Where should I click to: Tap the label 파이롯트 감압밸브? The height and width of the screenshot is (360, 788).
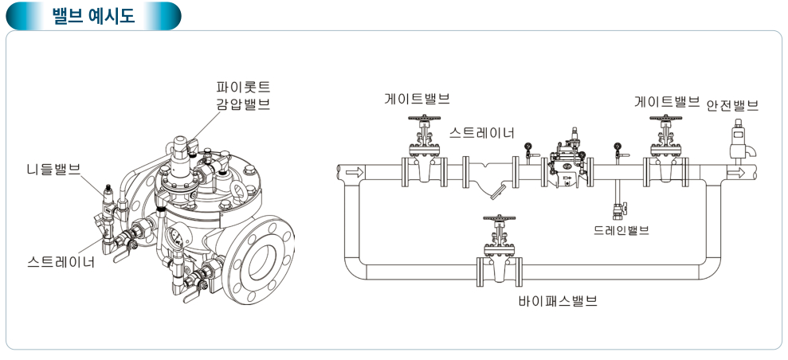(x=243, y=95)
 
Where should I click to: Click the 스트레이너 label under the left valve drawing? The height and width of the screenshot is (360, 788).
(x=61, y=260)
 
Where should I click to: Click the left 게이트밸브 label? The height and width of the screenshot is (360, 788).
(x=417, y=100)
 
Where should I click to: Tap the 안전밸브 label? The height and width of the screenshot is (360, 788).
(x=732, y=104)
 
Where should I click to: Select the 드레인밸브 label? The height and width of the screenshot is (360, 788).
(x=621, y=230)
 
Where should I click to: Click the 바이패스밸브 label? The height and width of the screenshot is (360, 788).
(x=558, y=302)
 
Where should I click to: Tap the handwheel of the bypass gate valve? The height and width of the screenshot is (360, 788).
(x=500, y=218)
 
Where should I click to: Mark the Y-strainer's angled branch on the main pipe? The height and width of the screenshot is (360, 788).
(x=498, y=191)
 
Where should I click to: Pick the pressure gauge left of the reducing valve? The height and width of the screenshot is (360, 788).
(x=527, y=147)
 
